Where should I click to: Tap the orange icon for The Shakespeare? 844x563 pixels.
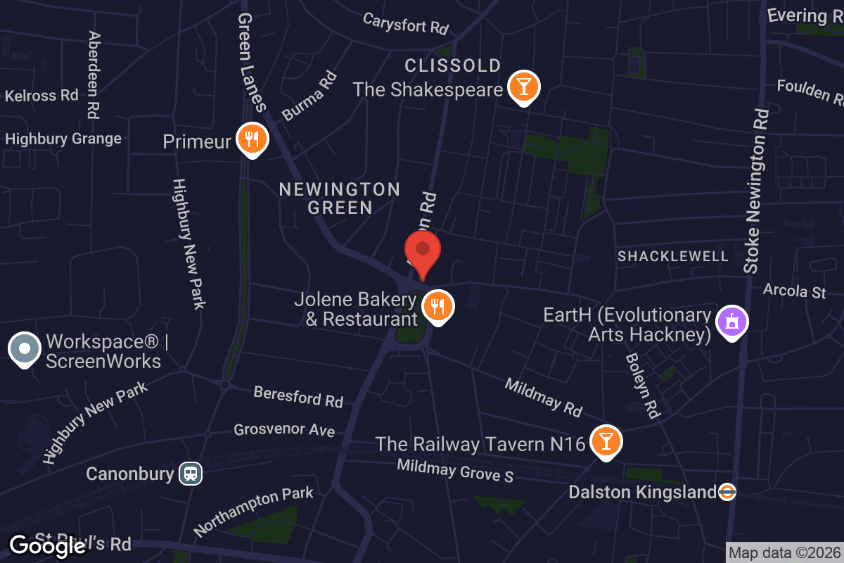click(x=523, y=87)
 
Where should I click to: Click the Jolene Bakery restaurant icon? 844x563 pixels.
click(x=437, y=307)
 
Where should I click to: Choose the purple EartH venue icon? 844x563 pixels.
click(x=731, y=323)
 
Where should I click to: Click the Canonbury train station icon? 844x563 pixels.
click(x=191, y=474)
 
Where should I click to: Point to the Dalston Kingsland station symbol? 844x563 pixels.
click(x=727, y=492)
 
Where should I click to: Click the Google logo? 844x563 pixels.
click(x=47, y=545)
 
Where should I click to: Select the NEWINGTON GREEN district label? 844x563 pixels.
click(x=340, y=198)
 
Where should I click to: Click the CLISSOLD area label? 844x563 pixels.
click(x=453, y=66)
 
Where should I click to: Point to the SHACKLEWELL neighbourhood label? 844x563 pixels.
click(x=673, y=256)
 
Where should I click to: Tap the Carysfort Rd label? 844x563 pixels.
click(x=406, y=23)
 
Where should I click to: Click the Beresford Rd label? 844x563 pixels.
click(x=298, y=396)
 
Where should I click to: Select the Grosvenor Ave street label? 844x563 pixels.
click(x=284, y=429)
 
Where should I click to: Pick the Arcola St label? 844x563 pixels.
click(x=795, y=290)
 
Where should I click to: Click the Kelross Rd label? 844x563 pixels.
click(x=41, y=95)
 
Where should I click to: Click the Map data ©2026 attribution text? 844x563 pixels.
click(x=784, y=552)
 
